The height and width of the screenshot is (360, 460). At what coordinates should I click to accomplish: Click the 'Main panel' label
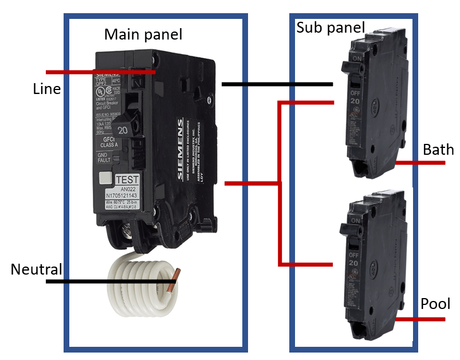(143, 34)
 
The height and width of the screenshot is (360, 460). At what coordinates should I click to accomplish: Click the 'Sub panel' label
(330, 28)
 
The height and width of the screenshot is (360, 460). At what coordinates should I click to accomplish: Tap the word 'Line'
(46, 89)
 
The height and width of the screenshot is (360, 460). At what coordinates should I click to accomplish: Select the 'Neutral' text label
(36, 269)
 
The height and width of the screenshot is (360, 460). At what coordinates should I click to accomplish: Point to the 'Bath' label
(438, 150)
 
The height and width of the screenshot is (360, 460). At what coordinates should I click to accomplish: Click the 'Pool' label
(435, 304)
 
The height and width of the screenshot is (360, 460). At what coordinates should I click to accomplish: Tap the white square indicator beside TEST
(104, 178)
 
